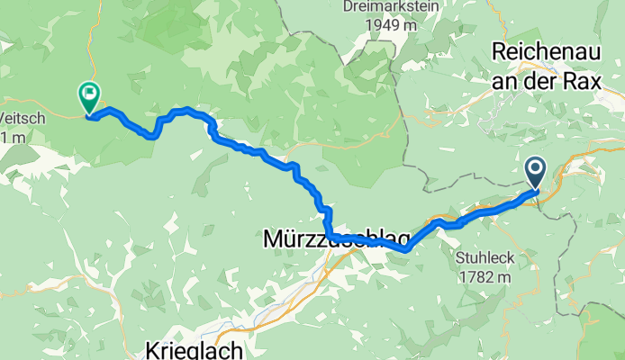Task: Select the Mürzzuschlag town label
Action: (332, 240)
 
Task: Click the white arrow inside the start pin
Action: (535, 167)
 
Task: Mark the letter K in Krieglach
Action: (152, 348)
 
